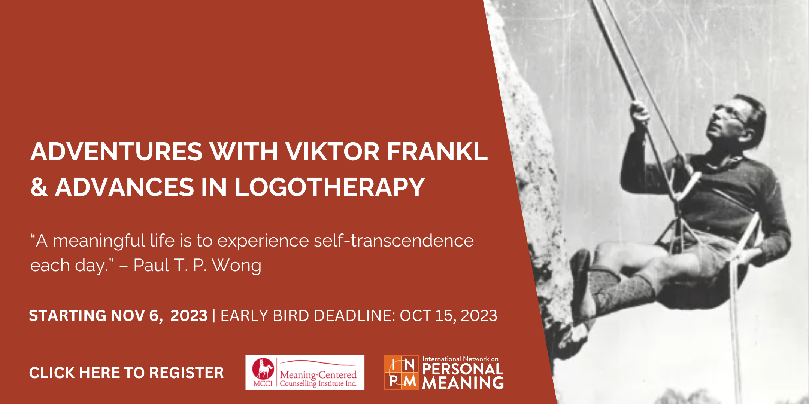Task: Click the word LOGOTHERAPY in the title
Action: (330, 187)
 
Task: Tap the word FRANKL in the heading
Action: (437, 152)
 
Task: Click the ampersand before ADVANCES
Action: (39, 187)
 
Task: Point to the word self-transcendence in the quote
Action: (394, 241)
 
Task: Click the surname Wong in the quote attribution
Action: (237, 266)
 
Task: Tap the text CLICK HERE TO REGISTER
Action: (127, 373)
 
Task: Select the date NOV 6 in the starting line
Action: (137, 316)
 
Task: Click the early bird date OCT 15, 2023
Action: (449, 316)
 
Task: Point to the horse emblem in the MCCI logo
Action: (263, 369)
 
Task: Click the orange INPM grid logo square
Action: (401, 372)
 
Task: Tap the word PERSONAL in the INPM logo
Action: (463, 369)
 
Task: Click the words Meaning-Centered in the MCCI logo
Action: (318, 374)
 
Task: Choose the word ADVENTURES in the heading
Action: (117, 152)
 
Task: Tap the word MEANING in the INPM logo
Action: (463, 383)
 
